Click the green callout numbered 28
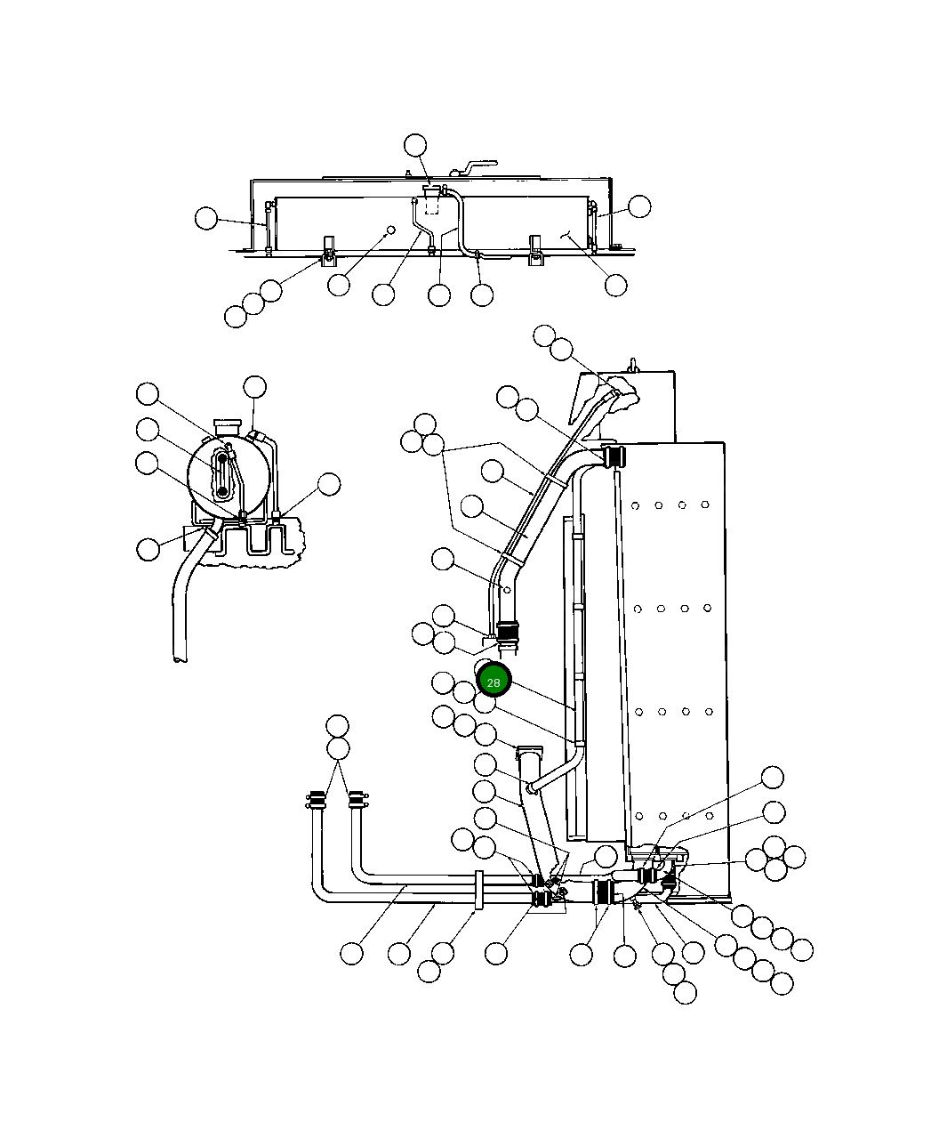pos(494,682)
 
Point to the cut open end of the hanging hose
pos(181,658)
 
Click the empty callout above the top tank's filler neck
pos(415,144)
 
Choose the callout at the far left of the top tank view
pos(206,218)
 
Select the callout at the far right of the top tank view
pos(639,206)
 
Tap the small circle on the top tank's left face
pos(389,230)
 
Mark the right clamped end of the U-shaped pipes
pos(357,798)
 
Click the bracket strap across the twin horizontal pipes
pos(478,891)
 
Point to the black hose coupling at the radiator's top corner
pos(613,456)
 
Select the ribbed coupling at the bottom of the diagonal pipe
pos(507,634)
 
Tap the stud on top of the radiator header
pos(633,364)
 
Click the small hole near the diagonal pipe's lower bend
pos(508,590)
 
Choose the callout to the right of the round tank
pos(329,485)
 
